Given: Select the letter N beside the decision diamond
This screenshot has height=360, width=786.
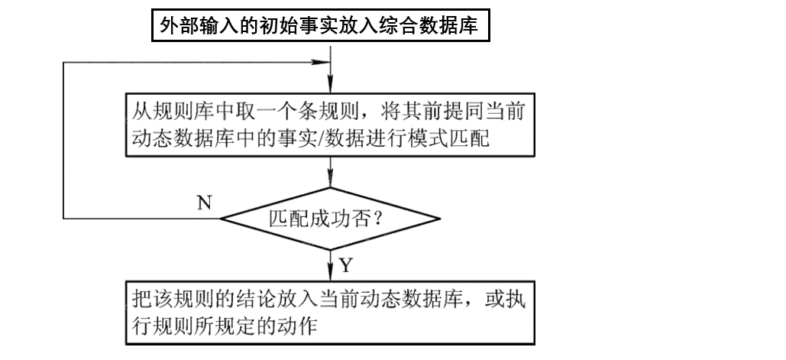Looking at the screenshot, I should click(204, 203).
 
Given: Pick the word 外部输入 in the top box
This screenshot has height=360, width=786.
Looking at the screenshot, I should click(194, 28).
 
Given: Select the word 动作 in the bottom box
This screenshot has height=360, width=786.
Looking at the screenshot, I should click(297, 325).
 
